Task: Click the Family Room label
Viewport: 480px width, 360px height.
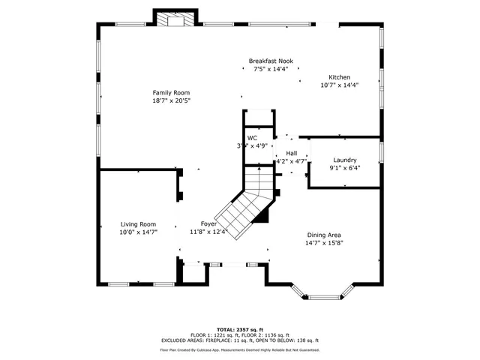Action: [x=166, y=91]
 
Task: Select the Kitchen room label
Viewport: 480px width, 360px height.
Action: [x=339, y=77]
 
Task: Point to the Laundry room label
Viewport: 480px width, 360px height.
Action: [x=345, y=160]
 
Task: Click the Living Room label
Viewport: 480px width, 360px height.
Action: [x=139, y=223]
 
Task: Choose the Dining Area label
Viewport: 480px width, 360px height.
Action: [x=323, y=235]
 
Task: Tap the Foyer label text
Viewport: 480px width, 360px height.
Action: [x=208, y=223]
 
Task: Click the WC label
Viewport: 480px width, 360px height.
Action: [x=253, y=138]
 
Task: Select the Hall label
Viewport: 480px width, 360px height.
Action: [x=291, y=153]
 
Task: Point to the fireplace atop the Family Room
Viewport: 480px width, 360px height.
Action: [x=176, y=20]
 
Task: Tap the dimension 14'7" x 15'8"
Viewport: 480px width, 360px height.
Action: [x=323, y=243]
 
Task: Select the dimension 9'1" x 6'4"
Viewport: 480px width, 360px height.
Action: [x=345, y=168]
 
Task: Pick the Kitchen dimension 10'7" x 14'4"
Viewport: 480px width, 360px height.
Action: [x=339, y=85]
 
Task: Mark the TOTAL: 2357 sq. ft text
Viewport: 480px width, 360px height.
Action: [x=240, y=329]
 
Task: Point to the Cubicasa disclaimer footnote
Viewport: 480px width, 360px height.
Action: [x=240, y=349]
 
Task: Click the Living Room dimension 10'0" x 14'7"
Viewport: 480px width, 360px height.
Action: [x=139, y=232]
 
